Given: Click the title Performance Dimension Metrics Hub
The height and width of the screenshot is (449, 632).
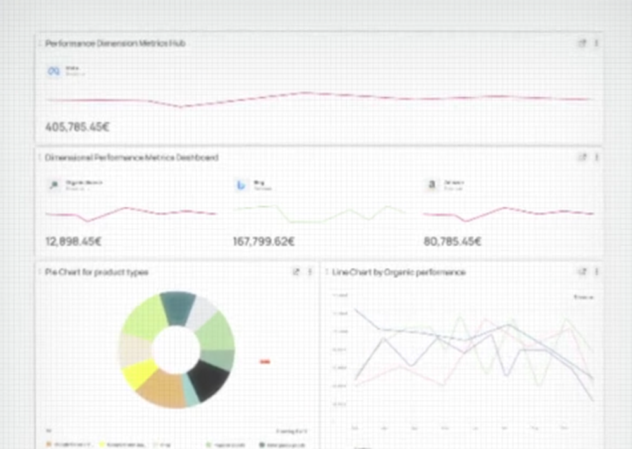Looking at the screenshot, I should point(115,44).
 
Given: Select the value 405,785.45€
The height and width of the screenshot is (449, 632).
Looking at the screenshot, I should point(77,127).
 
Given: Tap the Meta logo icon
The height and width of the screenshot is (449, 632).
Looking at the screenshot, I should point(54,71).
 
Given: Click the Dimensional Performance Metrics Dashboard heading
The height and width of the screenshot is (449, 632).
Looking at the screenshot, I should point(131,157).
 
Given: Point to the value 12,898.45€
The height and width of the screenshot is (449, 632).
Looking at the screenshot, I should point(73,241).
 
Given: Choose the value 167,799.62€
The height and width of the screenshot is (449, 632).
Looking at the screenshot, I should point(263,241).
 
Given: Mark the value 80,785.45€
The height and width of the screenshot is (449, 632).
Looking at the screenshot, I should point(452,241).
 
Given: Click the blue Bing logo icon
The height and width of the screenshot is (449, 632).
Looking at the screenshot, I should point(241,185).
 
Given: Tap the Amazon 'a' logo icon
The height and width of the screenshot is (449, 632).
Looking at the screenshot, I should point(432,185).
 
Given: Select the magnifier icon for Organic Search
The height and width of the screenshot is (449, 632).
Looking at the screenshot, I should point(54,185).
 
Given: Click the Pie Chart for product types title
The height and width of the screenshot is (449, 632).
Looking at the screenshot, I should point(97,272).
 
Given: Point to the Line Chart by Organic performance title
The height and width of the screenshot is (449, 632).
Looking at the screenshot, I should point(399,272).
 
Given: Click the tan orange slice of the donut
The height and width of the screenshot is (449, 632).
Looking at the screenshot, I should point(159,386).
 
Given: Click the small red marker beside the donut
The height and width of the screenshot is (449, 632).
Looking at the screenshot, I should point(265,361).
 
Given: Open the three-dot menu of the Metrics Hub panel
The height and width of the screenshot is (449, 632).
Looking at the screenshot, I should point(596,44).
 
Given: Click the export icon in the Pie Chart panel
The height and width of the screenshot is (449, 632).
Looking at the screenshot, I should point(295,272).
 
